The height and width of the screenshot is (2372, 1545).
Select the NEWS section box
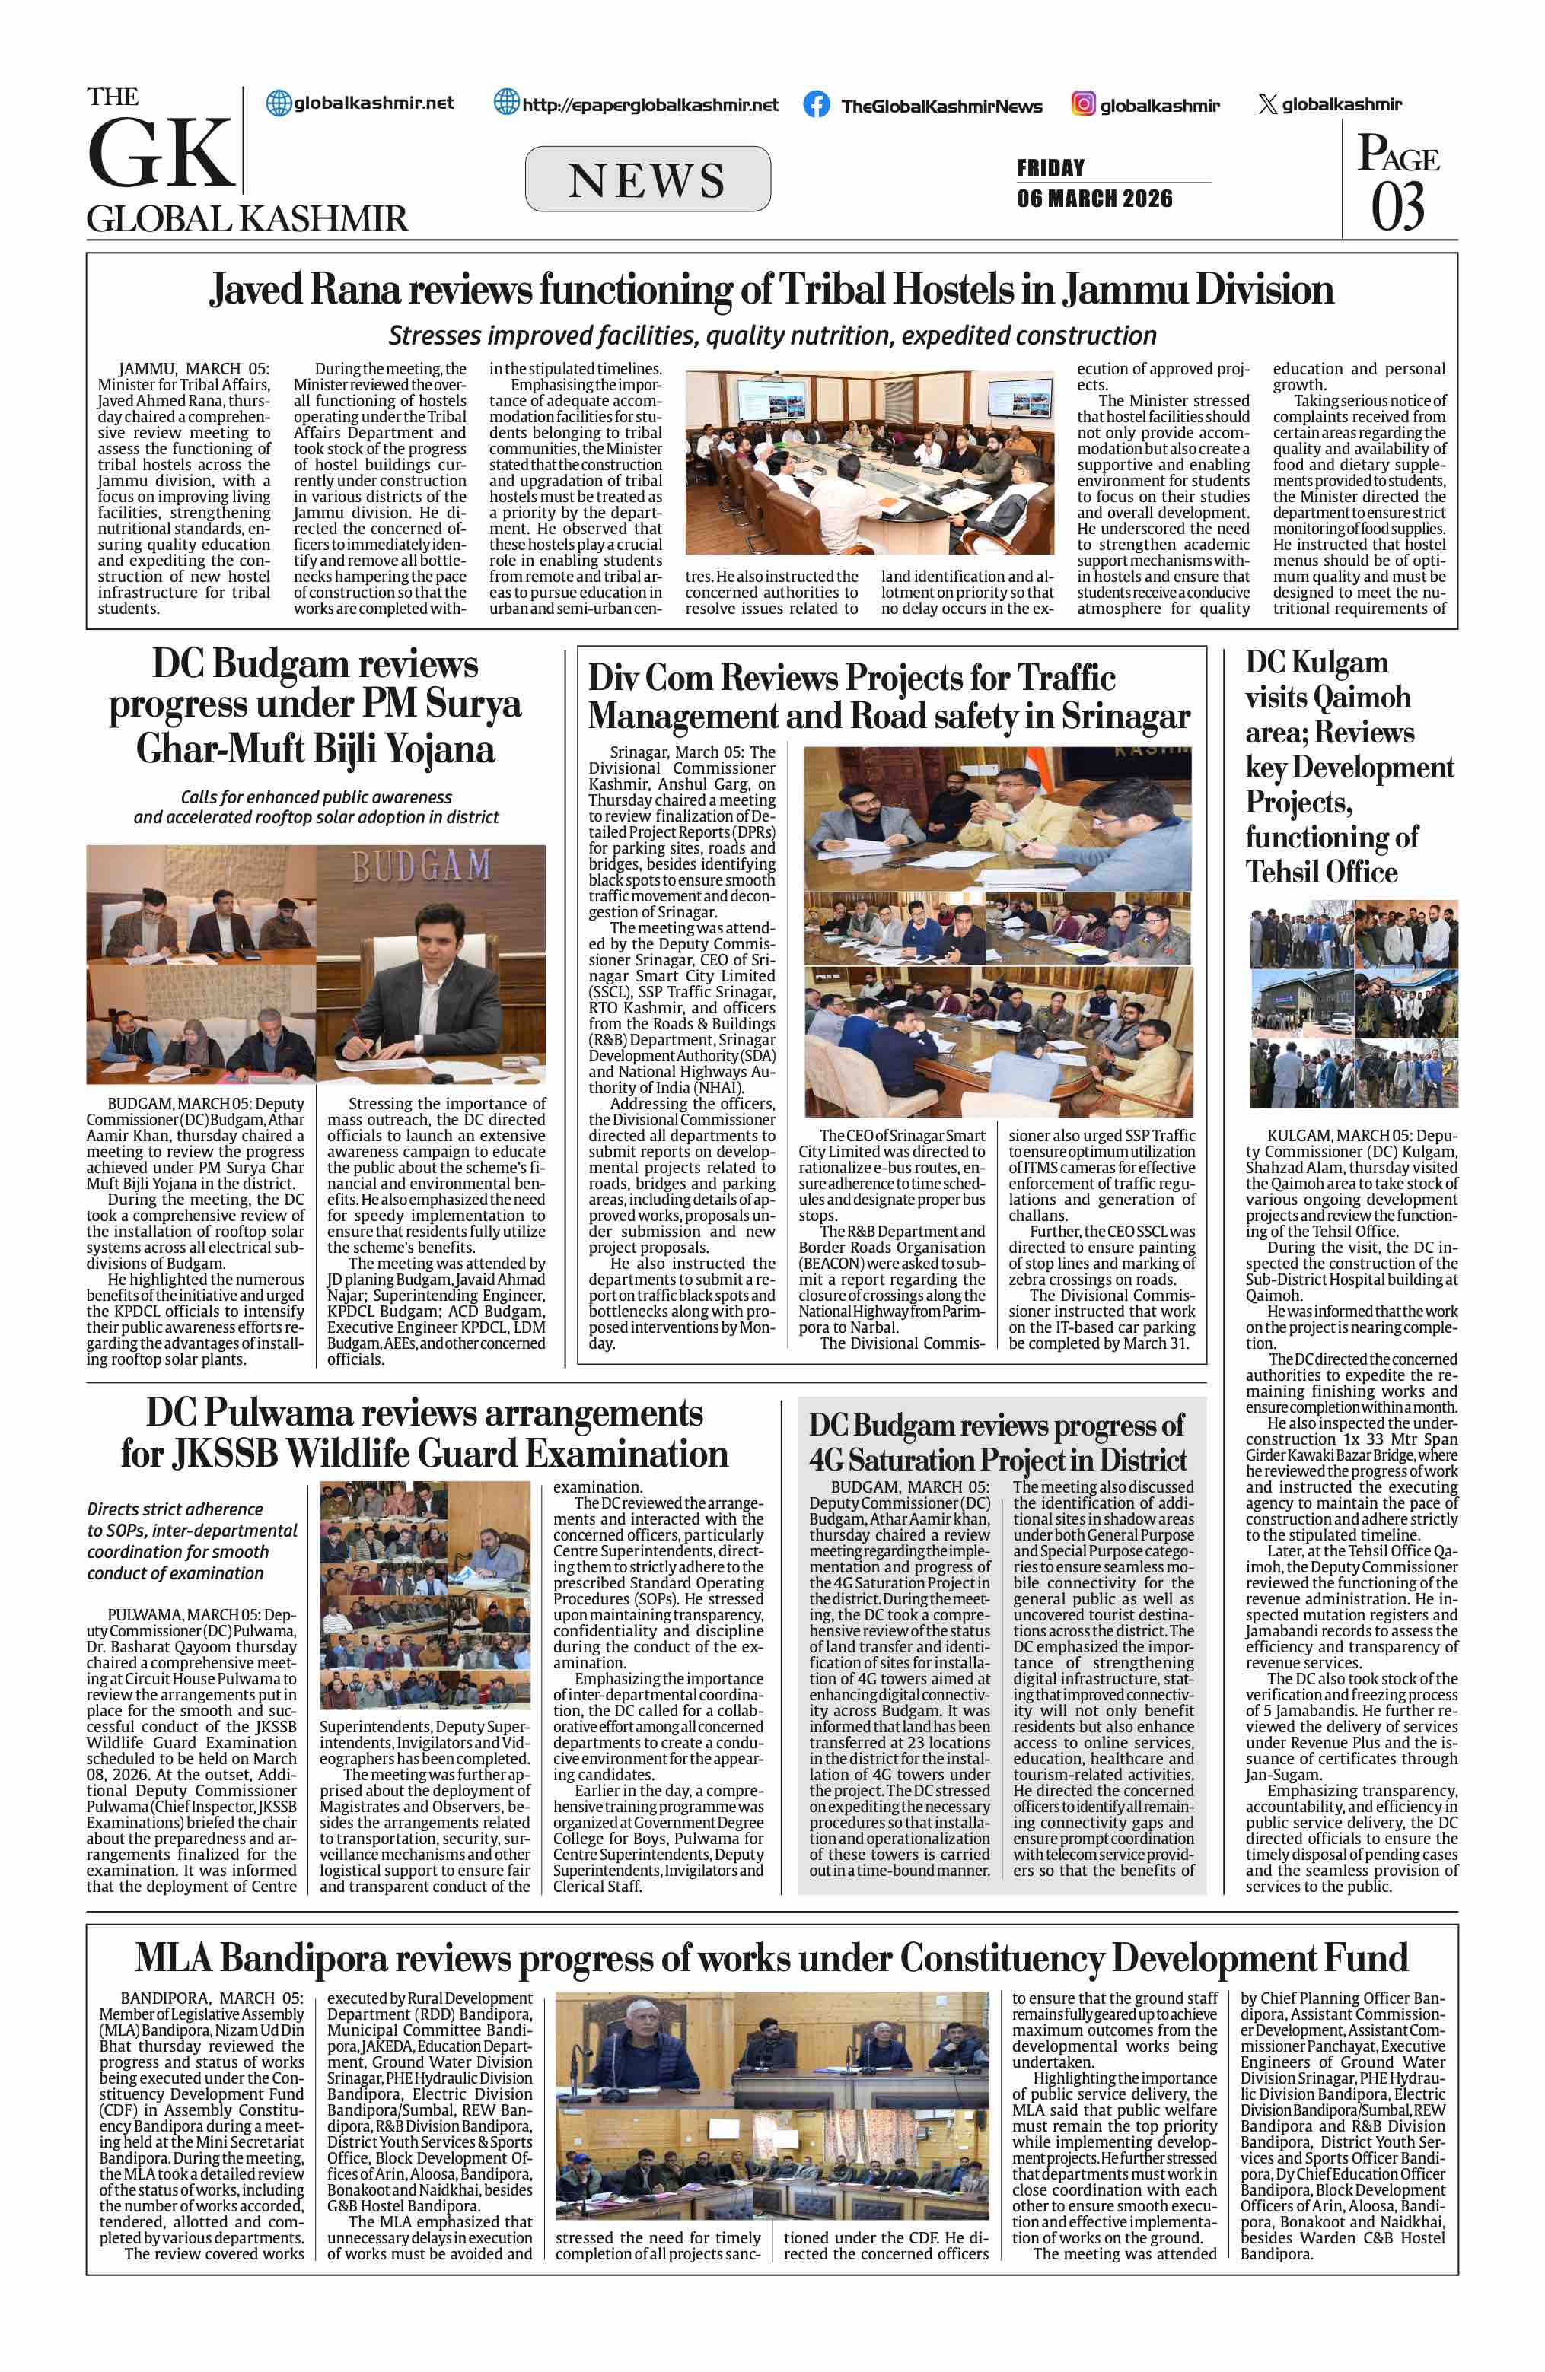647,180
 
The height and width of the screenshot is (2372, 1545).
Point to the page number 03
1397,207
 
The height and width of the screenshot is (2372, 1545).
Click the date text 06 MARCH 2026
1094,199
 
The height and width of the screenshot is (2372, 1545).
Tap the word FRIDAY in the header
1050,167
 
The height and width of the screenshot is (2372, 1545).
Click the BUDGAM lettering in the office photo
421,866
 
